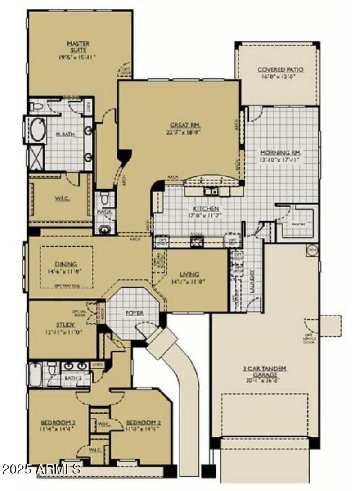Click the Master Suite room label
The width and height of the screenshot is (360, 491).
coord(78,47)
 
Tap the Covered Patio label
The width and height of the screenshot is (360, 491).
coord(280,70)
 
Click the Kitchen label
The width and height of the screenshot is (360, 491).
coord(206,209)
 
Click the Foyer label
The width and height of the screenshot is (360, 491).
coord(134,313)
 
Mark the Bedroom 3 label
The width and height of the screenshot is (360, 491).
coord(57,423)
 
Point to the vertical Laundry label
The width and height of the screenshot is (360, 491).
coord(252,281)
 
